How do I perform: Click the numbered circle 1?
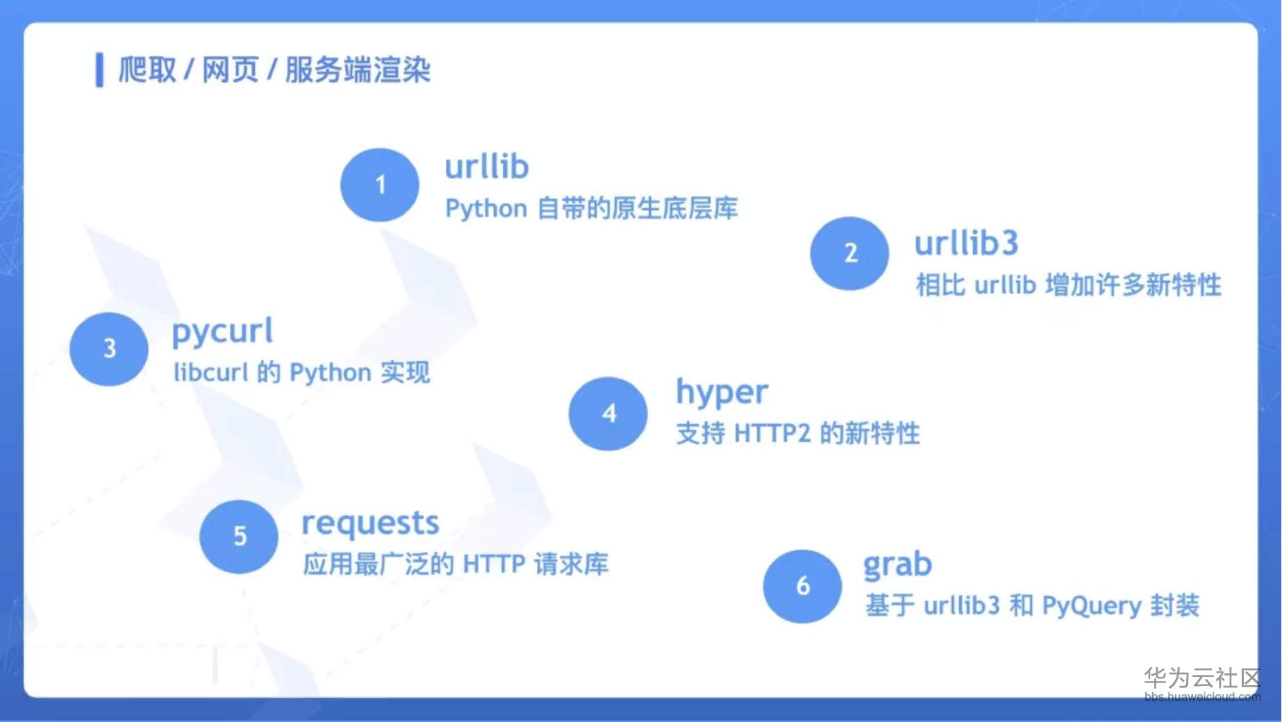click(x=379, y=185)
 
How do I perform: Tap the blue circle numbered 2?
click(x=849, y=253)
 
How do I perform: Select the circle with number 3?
click(x=109, y=349)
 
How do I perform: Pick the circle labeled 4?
click(x=608, y=414)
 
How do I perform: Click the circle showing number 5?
click(x=239, y=536)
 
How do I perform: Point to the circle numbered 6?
click(x=802, y=586)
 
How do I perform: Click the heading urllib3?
click(x=966, y=244)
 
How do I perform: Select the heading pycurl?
click(x=222, y=332)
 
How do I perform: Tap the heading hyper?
click(x=722, y=393)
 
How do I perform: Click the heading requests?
click(x=370, y=523)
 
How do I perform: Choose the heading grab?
click(x=897, y=565)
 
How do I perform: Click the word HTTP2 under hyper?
click(x=772, y=434)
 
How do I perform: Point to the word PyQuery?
click(x=1091, y=606)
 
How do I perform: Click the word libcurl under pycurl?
click(x=210, y=373)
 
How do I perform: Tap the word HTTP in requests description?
click(x=494, y=564)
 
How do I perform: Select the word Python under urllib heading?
click(x=486, y=209)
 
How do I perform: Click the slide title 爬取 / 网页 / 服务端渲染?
click(x=274, y=70)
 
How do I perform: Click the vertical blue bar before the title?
click(x=99, y=70)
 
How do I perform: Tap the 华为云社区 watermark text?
click(x=1201, y=677)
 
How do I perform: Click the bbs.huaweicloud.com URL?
click(x=1201, y=696)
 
